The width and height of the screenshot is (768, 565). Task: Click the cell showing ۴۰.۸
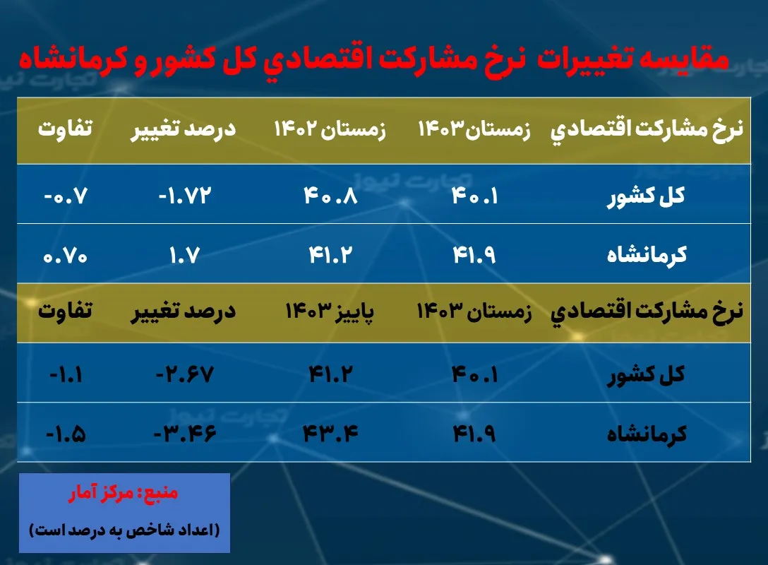(x=331, y=196)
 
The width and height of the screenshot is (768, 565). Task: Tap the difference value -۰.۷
(x=64, y=196)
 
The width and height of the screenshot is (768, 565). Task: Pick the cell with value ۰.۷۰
(x=64, y=255)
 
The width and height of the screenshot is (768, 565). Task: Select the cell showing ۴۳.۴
(x=331, y=433)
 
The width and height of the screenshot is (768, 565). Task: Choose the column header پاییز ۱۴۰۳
(x=330, y=311)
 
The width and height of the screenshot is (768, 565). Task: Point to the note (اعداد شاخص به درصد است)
(x=124, y=529)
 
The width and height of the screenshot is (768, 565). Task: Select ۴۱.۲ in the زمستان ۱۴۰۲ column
(x=331, y=255)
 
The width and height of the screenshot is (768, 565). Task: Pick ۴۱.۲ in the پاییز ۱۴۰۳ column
(x=331, y=374)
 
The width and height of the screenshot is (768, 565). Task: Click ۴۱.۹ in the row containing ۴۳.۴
(x=474, y=433)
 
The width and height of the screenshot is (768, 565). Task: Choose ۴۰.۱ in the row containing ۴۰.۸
(x=474, y=196)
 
